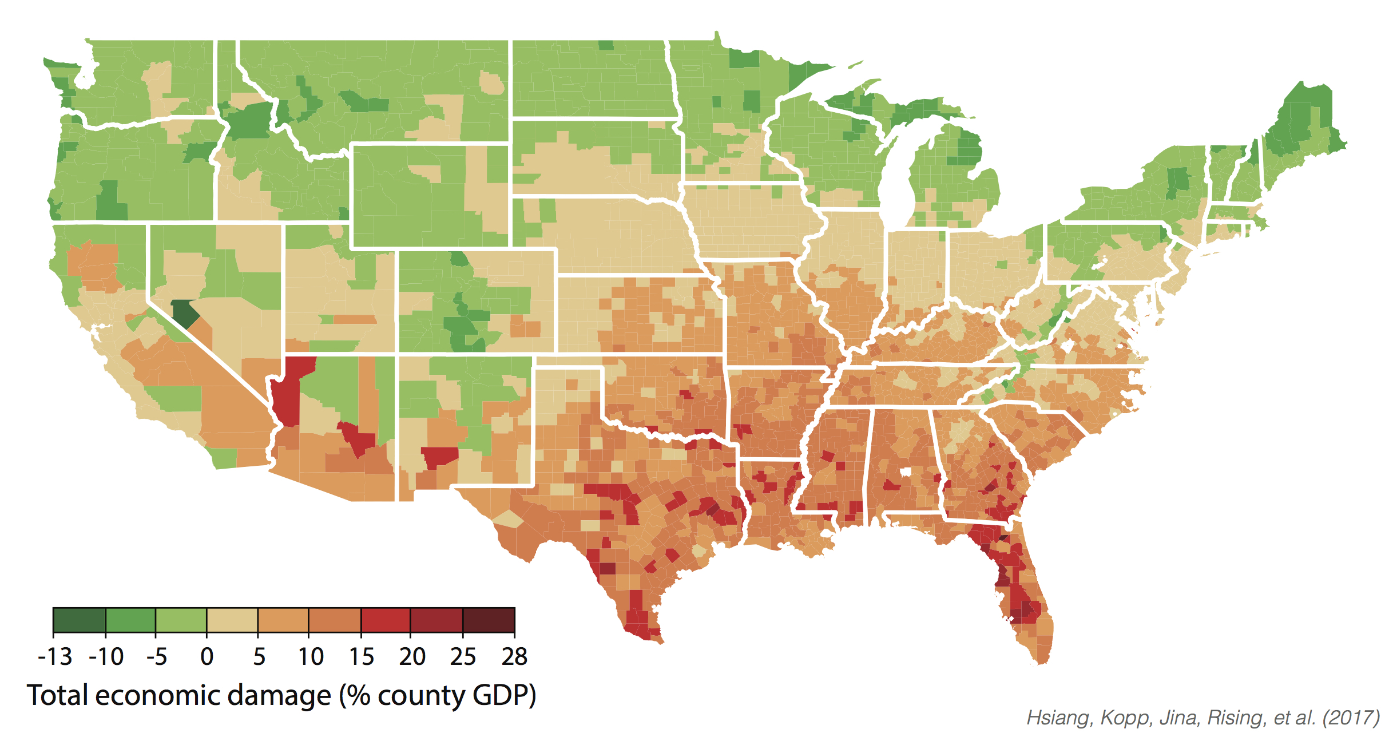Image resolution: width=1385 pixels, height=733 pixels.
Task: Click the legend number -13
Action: (x=55, y=657)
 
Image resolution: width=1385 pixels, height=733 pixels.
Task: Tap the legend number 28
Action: (x=514, y=657)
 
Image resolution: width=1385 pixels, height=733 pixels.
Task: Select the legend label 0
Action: (x=207, y=657)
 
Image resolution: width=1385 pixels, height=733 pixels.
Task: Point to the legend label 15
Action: (x=362, y=657)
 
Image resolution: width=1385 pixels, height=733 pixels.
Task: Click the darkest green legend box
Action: (x=79, y=620)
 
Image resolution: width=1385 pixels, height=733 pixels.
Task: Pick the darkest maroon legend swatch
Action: (x=489, y=620)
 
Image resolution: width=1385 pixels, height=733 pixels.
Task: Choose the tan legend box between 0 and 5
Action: (x=232, y=620)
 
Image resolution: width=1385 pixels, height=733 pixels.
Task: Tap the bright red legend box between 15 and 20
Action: (x=385, y=620)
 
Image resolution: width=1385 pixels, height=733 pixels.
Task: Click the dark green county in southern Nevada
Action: (x=184, y=313)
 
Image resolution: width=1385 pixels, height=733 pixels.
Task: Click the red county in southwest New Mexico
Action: (x=439, y=457)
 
